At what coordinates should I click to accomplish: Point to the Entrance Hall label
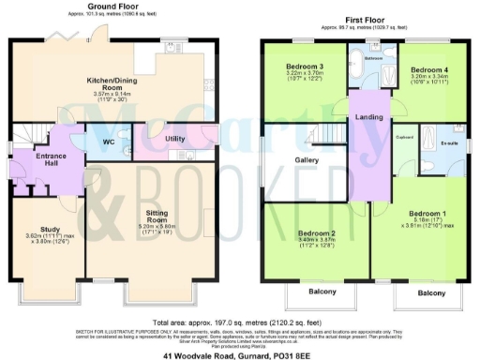pyautogui.click(x=38, y=160)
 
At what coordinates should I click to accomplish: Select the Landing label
pyautogui.click(x=367, y=117)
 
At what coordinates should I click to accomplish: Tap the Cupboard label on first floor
pyautogui.click(x=405, y=137)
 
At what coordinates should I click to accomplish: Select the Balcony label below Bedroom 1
pyautogui.click(x=430, y=293)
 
